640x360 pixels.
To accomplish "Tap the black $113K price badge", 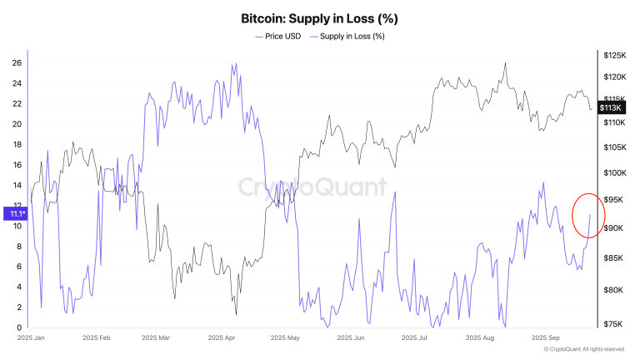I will [x=612, y=107].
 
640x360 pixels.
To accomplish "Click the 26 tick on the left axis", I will [x=17, y=63].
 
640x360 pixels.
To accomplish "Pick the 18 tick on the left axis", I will [x=17, y=144].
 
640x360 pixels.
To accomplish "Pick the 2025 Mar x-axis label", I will [x=157, y=339].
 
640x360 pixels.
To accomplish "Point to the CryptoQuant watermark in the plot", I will [x=312, y=186].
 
